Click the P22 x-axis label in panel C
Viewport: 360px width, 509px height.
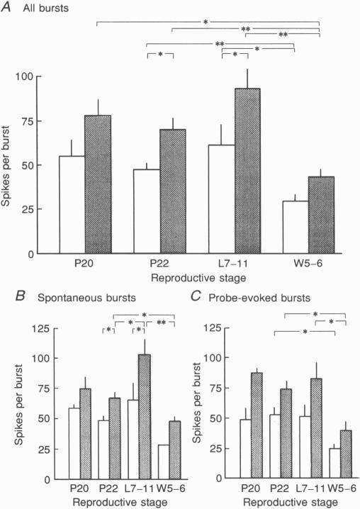point(273,488)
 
